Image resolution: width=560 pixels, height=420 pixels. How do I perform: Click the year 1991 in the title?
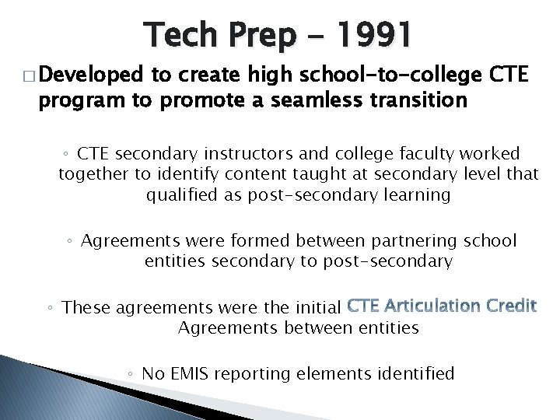tap(375, 35)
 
